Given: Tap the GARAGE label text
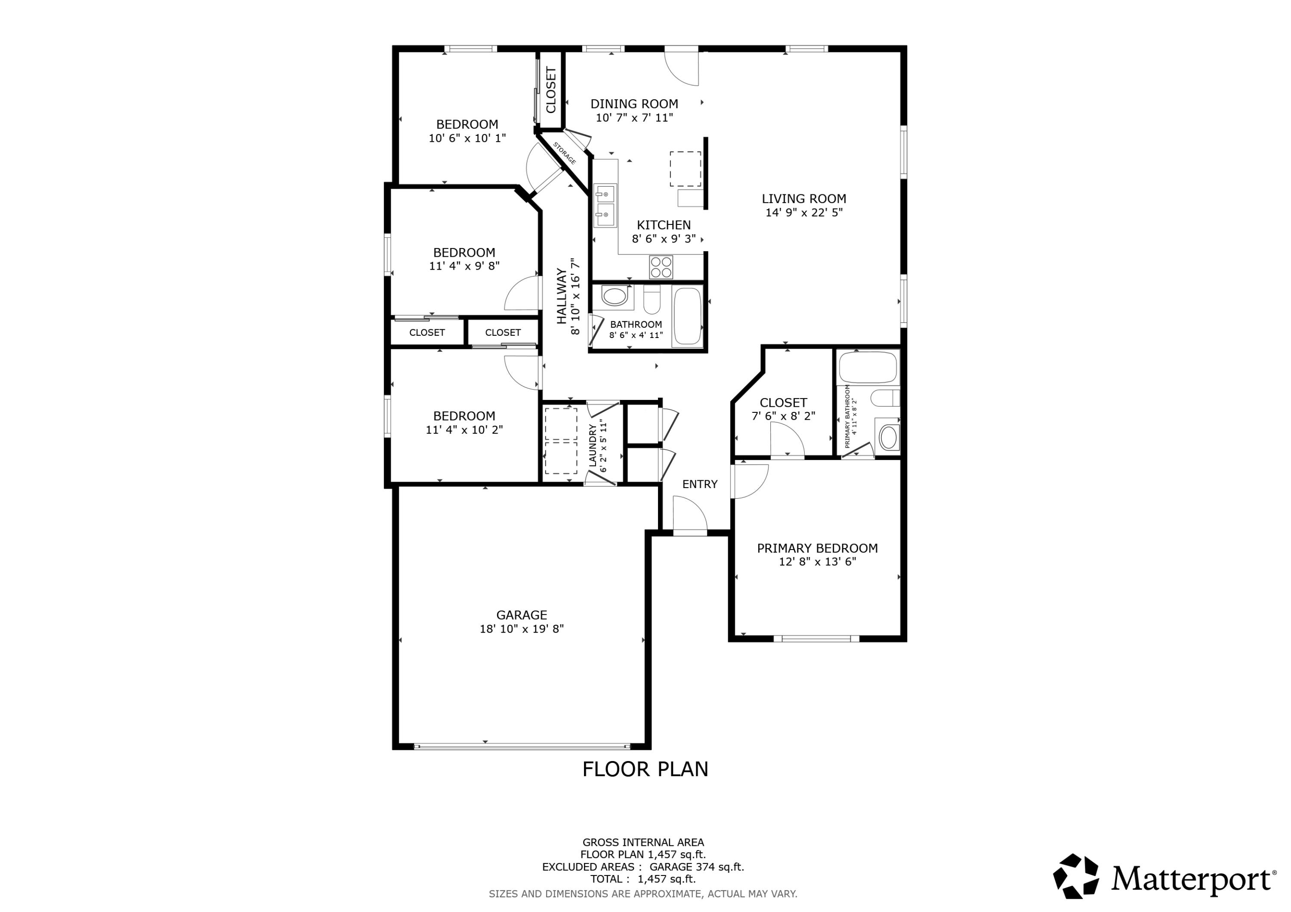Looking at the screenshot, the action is click(x=521, y=615).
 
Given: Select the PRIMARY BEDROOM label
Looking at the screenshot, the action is click(x=817, y=548).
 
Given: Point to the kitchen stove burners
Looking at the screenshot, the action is click(x=661, y=267).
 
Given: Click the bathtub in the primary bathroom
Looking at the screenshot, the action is click(x=868, y=368).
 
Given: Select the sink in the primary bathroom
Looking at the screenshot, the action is click(x=888, y=437).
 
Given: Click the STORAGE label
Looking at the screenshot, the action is click(x=565, y=154).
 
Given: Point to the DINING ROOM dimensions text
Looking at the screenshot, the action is click(x=634, y=118).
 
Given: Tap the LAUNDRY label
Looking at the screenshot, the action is click(x=592, y=445).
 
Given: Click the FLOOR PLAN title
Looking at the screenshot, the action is click(x=645, y=769).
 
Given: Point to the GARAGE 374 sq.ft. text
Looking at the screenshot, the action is click(x=697, y=867).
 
